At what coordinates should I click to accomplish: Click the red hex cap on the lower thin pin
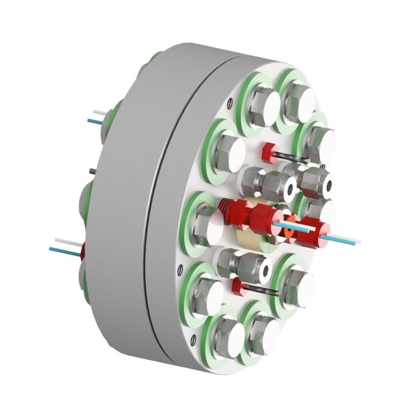239,287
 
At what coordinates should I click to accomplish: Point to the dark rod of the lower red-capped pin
261,290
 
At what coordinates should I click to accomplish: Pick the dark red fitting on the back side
83,253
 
